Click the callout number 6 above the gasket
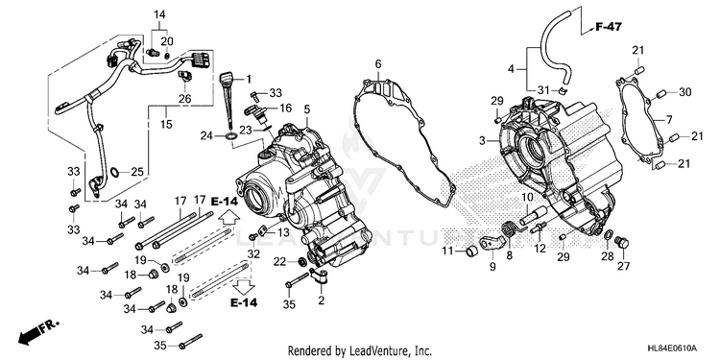(x=378, y=63)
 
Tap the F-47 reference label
(x=609, y=27)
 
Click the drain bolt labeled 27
(x=623, y=242)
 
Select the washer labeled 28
(x=608, y=235)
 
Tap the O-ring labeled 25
(x=115, y=173)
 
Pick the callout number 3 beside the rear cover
(x=482, y=141)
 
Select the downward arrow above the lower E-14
(x=244, y=286)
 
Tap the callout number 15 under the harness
(x=166, y=124)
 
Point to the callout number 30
(x=684, y=93)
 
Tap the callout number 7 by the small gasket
(x=668, y=120)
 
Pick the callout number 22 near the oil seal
(x=279, y=262)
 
